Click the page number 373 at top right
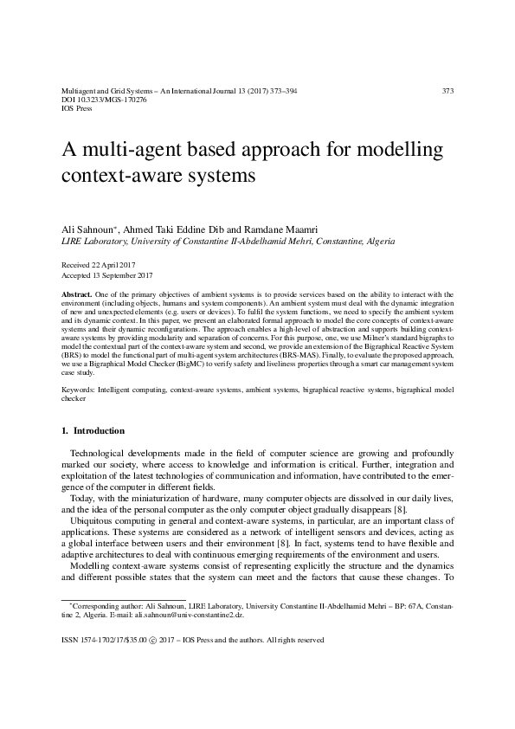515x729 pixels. click(447, 90)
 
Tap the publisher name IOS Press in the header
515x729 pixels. click(76, 110)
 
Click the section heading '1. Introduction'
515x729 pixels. click(93, 430)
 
